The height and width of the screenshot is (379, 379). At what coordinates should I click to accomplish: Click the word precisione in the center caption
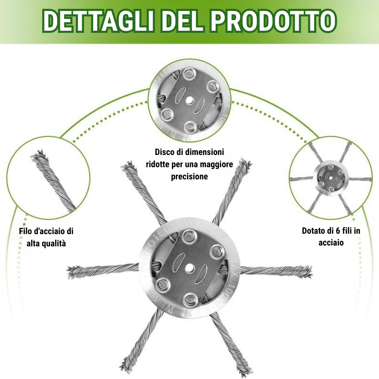(x=189, y=176)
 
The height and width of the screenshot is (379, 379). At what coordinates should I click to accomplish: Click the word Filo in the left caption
(x=26, y=231)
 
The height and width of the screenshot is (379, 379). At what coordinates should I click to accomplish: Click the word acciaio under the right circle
(x=331, y=243)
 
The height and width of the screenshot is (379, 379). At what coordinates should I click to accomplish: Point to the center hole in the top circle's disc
(x=189, y=100)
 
